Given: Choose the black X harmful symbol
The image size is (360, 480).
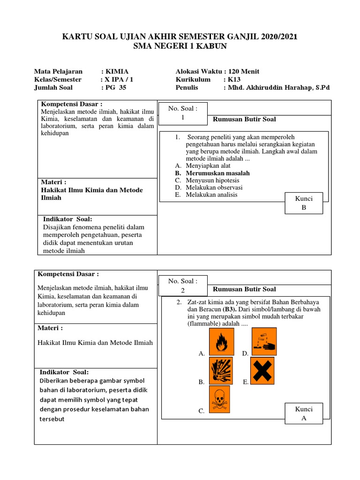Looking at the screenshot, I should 264,370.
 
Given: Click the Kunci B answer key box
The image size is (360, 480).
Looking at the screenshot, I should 303,202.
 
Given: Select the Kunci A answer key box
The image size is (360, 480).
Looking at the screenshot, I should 303,413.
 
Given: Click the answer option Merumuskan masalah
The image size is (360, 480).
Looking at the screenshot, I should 217,173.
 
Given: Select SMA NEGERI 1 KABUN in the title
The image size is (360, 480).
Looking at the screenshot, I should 180,46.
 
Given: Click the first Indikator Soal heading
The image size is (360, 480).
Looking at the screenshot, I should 67,219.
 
